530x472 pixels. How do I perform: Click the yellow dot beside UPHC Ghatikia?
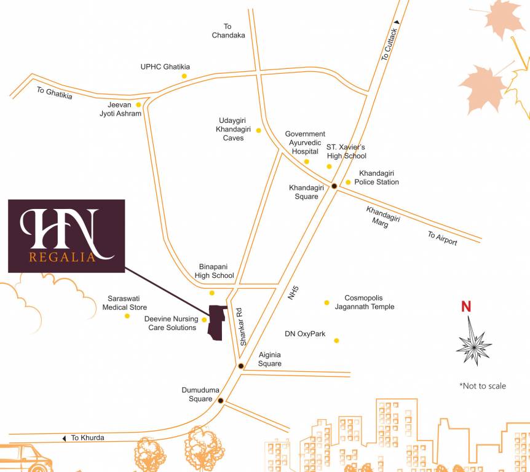(x=184, y=76)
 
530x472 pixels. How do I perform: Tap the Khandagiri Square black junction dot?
(x=334, y=186)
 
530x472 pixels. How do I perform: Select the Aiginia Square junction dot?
(x=240, y=366)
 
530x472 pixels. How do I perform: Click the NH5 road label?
(x=292, y=293)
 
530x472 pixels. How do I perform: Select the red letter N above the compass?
(x=466, y=307)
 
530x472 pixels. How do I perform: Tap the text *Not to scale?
(x=483, y=386)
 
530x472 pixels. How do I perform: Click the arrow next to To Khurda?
(x=63, y=438)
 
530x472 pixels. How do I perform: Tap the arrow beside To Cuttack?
(x=397, y=22)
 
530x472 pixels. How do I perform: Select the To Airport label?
(x=443, y=238)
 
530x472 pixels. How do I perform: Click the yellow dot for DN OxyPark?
(x=336, y=340)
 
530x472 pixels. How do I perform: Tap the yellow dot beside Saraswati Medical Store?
(x=127, y=316)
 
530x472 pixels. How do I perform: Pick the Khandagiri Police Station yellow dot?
(x=348, y=182)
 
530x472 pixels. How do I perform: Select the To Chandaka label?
(x=228, y=31)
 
